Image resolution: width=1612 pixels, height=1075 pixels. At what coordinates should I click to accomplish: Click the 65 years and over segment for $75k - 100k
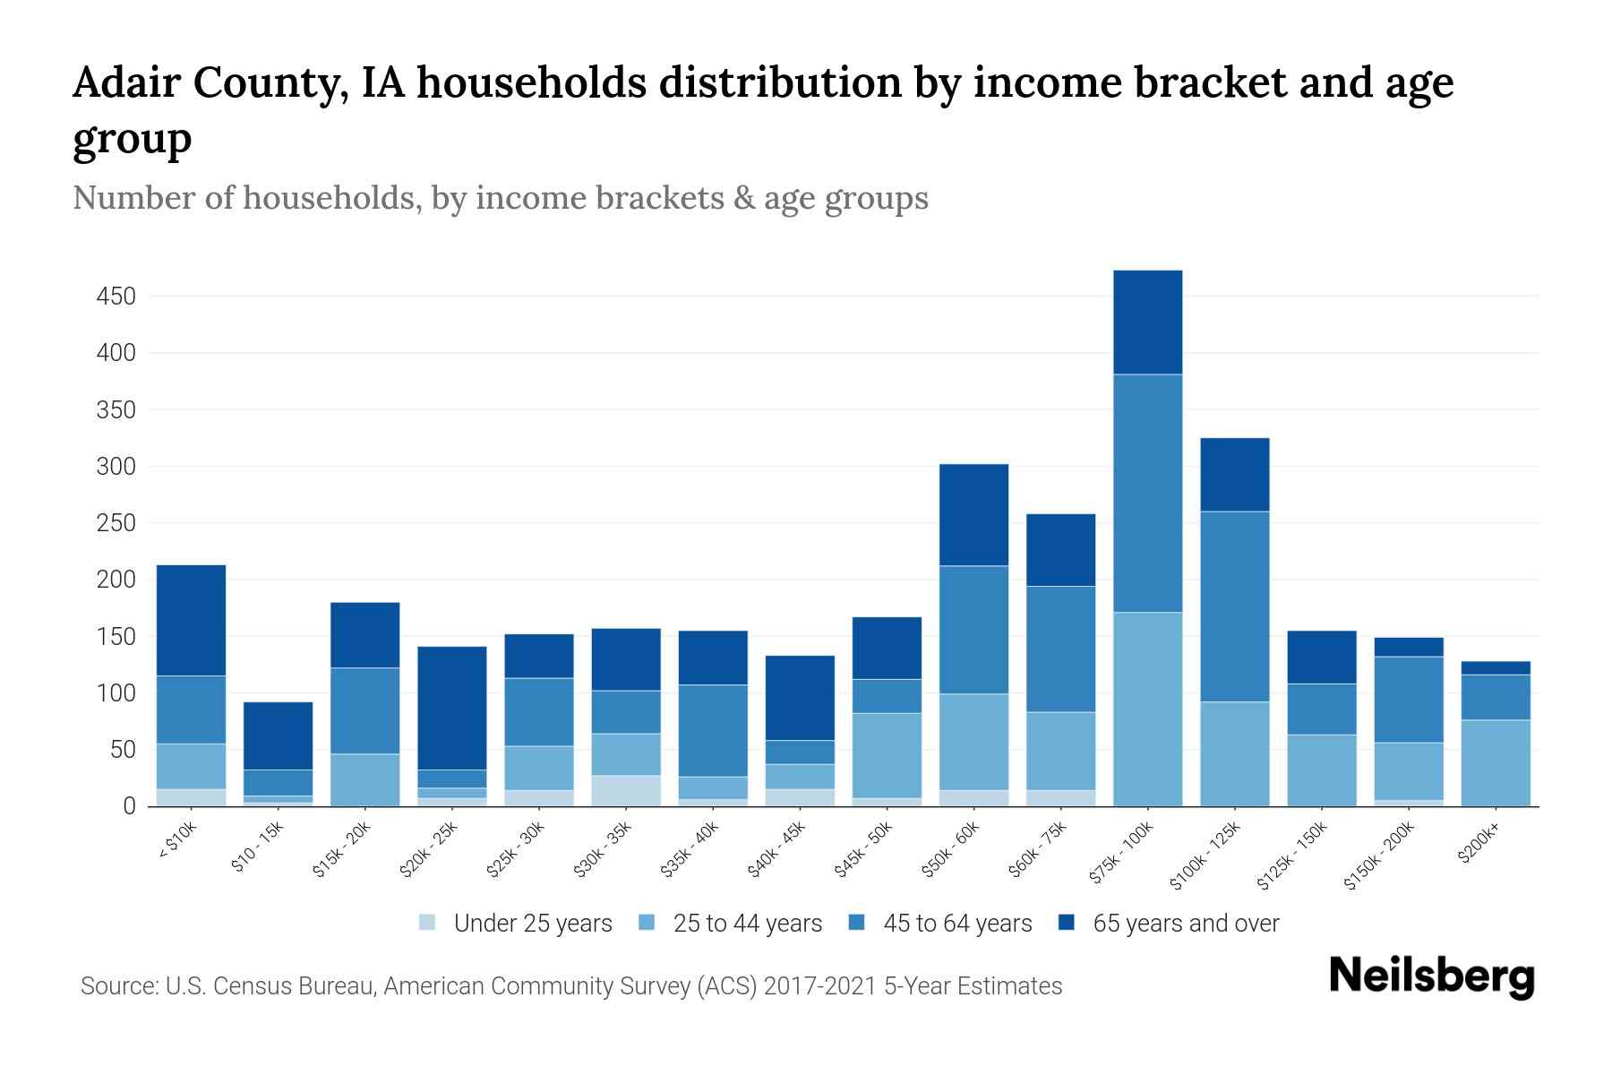(1147, 322)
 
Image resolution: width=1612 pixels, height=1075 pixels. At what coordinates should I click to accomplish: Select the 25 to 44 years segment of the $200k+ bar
(1495, 762)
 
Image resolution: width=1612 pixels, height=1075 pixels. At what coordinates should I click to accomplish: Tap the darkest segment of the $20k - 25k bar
(451, 708)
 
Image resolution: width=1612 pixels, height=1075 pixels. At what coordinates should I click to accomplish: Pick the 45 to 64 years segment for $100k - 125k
(1234, 606)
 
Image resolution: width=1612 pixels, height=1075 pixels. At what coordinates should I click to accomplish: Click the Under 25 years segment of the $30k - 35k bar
(625, 790)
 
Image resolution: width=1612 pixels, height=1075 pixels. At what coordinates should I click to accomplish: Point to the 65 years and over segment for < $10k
(191, 620)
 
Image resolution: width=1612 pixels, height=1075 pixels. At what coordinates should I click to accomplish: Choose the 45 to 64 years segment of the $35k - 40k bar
(712, 730)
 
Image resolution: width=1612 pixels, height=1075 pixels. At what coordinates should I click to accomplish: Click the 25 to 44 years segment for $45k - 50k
(887, 755)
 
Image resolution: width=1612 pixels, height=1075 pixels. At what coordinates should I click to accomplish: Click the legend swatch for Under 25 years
(428, 923)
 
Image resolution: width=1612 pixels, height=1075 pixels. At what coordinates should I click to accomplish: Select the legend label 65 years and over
(1186, 924)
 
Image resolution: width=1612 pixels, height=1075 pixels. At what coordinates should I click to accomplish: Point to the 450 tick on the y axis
(116, 297)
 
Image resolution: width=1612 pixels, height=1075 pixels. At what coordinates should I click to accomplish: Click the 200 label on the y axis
(116, 580)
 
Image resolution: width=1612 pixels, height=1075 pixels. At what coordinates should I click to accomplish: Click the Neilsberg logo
(1431, 976)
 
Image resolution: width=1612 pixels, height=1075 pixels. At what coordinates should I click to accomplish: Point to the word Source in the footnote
(116, 986)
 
